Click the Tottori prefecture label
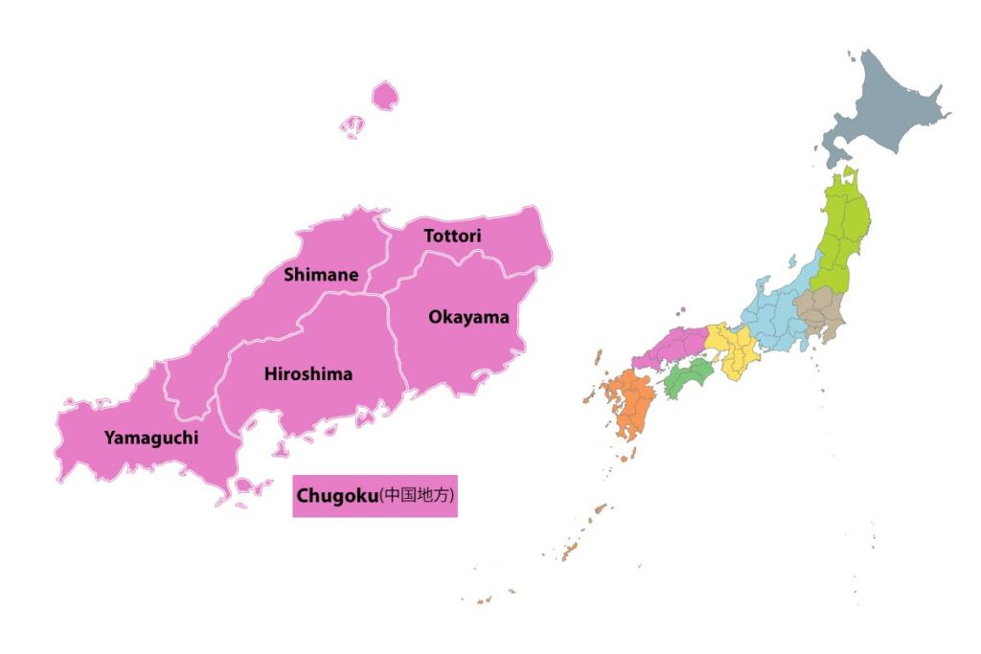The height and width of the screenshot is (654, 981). (x=453, y=236)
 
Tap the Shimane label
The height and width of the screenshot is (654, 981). (x=321, y=276)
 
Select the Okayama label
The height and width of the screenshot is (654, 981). (x=468, y=317)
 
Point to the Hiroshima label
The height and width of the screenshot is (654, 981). (x=308, y=374)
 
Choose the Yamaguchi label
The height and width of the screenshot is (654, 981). (x=151, y=439)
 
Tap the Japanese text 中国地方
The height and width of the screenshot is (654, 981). (x=417, y=496)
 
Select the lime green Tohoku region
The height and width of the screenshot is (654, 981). (x=843, y=230)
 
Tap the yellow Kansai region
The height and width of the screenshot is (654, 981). (x=733, y=350)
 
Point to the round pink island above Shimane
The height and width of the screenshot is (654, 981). (x=385, y=95)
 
